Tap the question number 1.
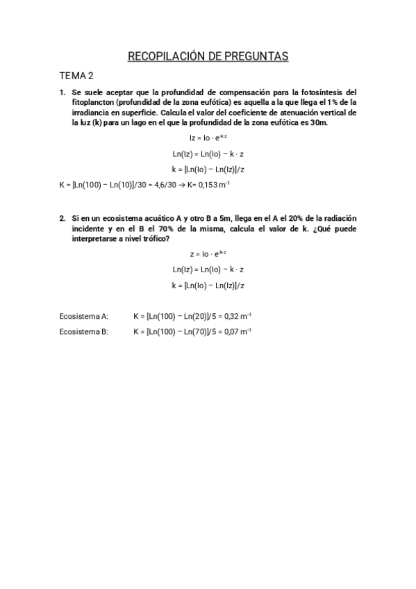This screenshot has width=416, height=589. pos(62,92)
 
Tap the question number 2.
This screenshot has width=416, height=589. pos(62,217)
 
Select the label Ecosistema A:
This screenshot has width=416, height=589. pos(84,316)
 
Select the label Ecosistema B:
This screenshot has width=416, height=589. pos(84,331)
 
